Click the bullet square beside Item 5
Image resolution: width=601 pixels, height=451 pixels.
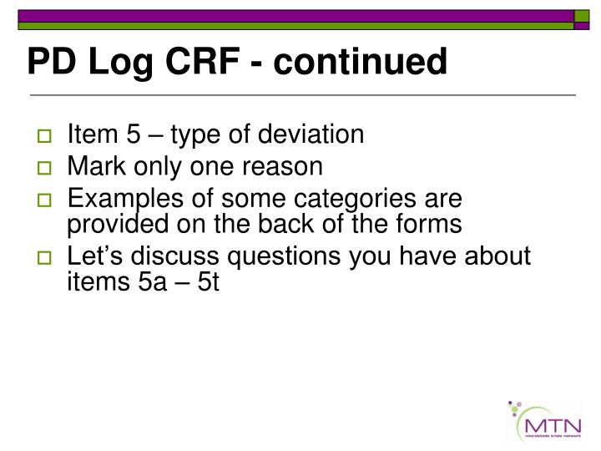pos(47,135)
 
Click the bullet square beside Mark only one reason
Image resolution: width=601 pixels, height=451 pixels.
pos(47,168)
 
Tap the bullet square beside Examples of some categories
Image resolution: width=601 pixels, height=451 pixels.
pos(47,200)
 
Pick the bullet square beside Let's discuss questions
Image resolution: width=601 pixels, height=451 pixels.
pos(47,257)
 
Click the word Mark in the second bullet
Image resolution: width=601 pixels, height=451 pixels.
pos(93,166)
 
